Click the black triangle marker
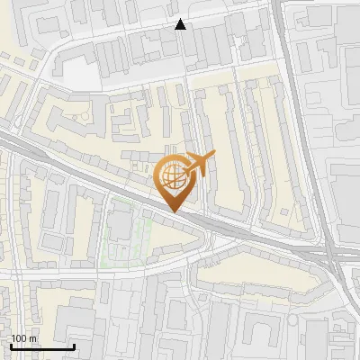[181, 24]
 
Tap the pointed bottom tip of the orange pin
[174, 211]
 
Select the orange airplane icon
[199, 164]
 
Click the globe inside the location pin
[174, 177]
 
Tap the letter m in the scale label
[33, 338]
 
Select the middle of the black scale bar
[42, 346]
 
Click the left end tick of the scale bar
[11, 345]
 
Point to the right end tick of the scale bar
[74, 345]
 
